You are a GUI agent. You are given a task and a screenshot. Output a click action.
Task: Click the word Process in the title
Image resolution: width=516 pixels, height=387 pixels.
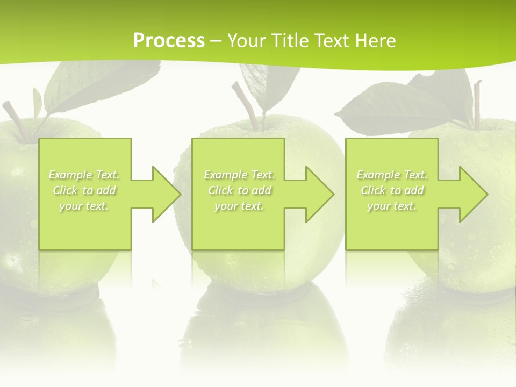coord(169,41)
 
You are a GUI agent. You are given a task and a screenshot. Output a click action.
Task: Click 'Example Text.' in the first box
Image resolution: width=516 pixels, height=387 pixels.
coord(84,175)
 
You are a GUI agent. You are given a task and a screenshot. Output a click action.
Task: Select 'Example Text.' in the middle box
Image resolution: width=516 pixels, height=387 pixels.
coord(239,175)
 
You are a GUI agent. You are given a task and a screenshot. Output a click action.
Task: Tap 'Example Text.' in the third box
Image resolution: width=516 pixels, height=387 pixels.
coord(392,175)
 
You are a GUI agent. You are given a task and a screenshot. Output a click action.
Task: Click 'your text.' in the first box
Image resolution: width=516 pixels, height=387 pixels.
coord(84,206)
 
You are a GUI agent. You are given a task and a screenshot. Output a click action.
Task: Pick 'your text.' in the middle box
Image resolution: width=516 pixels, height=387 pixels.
coord(239,206)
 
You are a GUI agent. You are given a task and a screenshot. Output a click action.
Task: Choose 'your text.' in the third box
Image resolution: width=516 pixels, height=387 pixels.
coord(391,206)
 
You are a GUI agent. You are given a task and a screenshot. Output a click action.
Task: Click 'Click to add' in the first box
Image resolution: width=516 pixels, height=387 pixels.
coord(84,190)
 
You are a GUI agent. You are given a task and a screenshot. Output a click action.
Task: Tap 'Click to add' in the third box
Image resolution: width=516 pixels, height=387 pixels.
coord(392,190)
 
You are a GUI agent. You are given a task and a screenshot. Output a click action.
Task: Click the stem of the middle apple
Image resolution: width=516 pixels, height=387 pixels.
coord(249,105)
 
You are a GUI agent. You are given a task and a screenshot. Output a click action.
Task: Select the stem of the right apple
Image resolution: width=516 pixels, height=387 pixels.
coord(476,105)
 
